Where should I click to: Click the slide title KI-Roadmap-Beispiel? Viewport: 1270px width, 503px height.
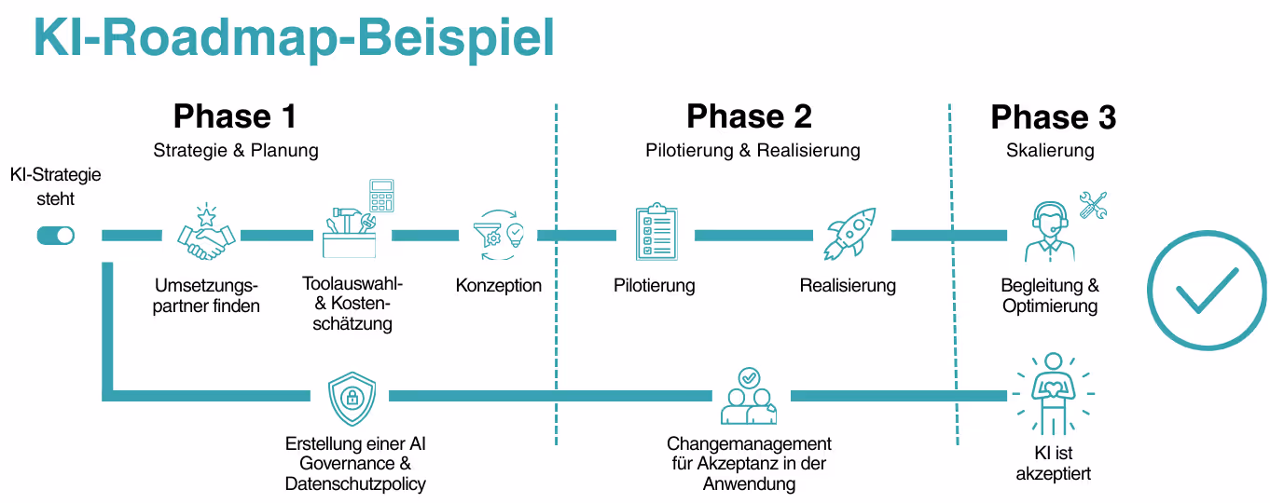[294, 39]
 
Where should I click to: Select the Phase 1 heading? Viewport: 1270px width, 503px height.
[235, 116]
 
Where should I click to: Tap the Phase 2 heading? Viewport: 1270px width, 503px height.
[749, 116]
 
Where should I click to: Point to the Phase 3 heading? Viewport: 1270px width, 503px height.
[1053, 117]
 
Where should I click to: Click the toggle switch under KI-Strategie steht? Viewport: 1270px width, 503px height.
[55, 236]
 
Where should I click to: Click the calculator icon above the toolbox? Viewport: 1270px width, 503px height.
[380, 196]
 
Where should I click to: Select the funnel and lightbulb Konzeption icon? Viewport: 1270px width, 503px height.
[499, 236]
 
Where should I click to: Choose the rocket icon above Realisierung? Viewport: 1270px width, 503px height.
[849, 234]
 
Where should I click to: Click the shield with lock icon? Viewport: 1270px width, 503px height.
[352, 398]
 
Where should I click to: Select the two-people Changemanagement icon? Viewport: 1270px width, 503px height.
[749, 397]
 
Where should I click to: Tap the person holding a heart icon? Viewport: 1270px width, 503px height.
[1053, 394]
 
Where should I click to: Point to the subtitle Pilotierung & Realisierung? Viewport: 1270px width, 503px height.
[752, 150]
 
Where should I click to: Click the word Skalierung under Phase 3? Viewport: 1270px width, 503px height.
[1050, 150]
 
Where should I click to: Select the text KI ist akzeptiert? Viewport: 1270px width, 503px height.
[1055, 463]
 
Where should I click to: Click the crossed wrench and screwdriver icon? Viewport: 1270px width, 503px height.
[1092, 205]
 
